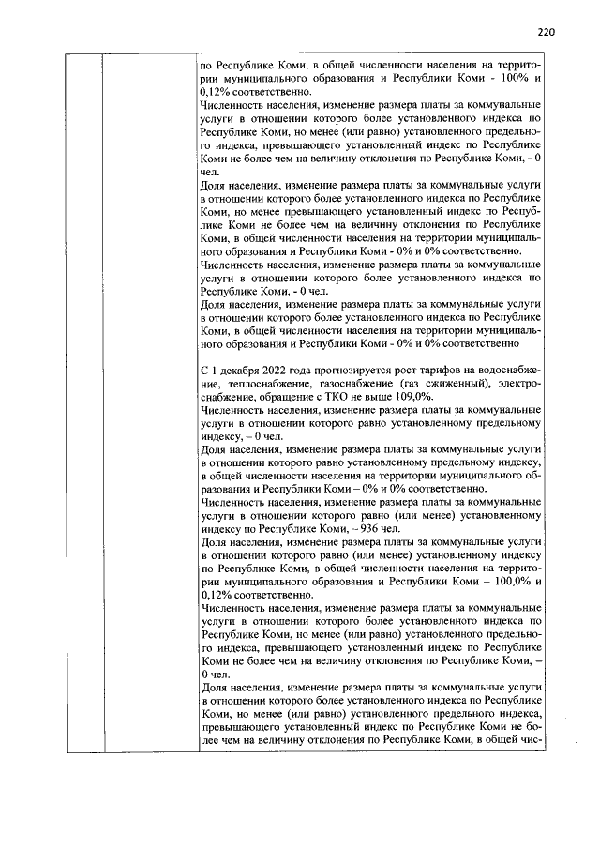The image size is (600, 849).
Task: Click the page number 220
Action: coord(547,31)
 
